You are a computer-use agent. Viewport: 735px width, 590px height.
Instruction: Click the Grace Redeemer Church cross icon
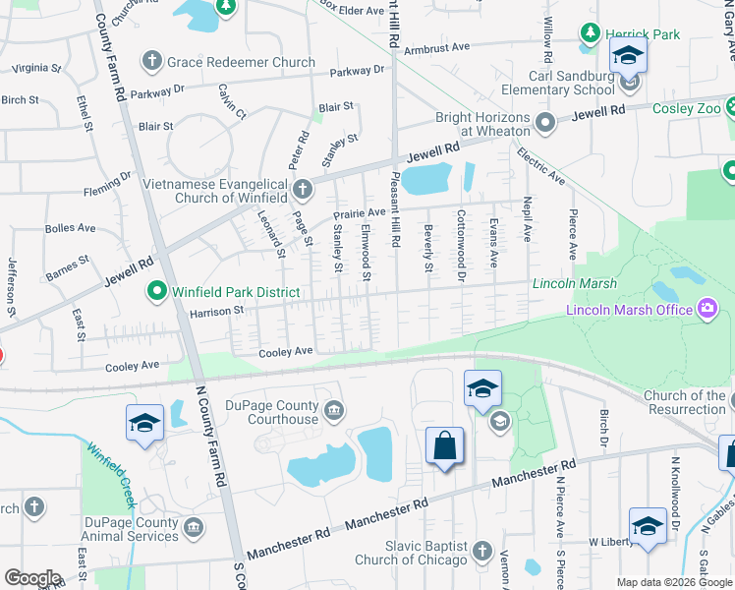151,62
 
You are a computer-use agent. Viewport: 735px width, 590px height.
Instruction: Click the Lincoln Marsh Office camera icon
706,311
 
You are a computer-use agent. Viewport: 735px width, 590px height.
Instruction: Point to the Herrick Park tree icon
590,34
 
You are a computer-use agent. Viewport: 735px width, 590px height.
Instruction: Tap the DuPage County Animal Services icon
194,527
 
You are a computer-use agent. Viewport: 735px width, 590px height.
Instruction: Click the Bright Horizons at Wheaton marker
545,123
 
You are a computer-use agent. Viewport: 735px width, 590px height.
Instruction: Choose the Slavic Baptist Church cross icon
481,551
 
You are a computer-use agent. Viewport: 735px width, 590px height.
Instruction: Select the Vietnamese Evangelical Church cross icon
303,187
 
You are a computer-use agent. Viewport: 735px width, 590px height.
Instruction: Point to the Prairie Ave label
359,212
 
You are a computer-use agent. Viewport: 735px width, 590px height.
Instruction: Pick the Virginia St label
35,69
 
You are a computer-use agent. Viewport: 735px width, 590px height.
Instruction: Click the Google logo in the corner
32,578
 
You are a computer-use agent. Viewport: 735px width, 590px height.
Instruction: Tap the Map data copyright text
673,582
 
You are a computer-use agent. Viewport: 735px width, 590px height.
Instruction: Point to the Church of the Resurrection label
685,401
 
